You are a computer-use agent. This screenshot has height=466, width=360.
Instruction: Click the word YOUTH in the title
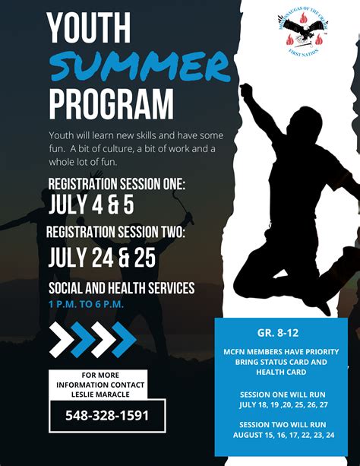coord(88,30)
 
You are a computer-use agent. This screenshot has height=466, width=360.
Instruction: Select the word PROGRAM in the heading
coord(111,105)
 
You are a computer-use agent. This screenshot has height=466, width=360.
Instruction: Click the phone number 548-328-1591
coord(107,416)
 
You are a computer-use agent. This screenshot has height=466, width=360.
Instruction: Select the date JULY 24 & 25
coord(102,257)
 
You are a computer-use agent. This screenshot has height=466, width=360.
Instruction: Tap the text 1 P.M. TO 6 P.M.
coord(86,305)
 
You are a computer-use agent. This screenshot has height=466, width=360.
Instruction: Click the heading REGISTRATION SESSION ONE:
coord(116,183)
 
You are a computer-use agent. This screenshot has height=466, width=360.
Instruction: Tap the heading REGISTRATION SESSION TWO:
coord(115,233)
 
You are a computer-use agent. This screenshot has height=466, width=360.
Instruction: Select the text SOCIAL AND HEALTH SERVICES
coord(122,289)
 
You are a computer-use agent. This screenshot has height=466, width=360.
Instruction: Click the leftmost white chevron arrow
coord(62,339)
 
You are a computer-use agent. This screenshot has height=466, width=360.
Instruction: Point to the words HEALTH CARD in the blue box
coord(280,372)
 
